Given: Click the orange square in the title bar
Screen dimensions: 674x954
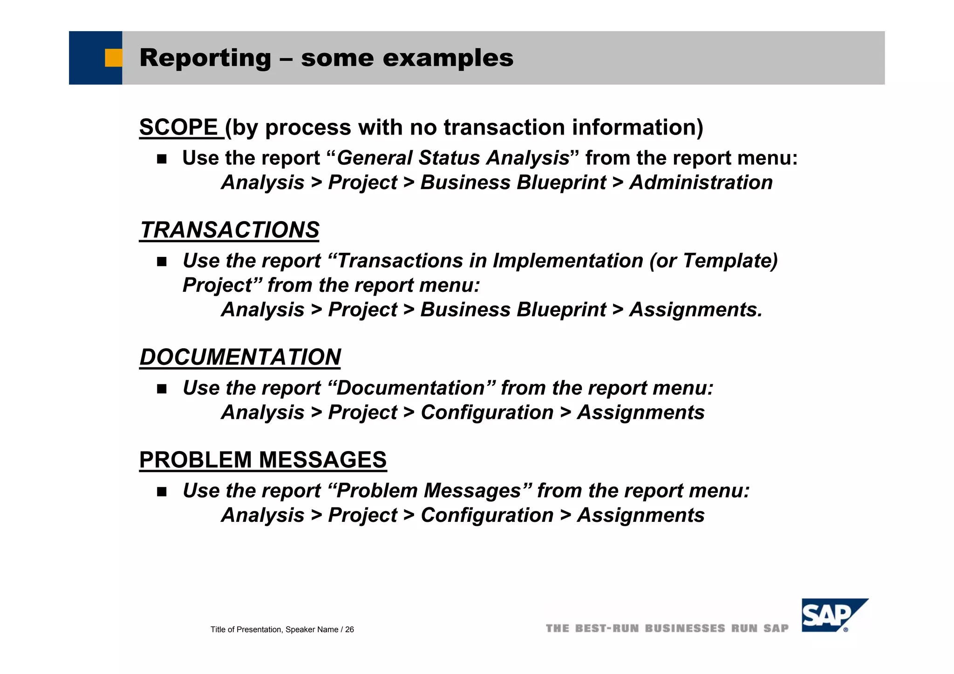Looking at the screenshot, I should [x=113, y=58].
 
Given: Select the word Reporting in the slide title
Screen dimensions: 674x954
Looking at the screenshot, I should [x=205, y=58].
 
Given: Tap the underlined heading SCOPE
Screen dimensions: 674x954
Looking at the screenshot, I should [x=178, y=128].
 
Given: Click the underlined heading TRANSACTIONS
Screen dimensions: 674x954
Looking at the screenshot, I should [x=230, y=230].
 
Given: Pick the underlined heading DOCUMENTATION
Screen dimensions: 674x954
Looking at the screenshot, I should [x=240, y=357].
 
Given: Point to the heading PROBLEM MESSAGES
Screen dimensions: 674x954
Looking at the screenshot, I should [x=263, y=460].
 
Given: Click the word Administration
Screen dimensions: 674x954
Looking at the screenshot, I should [x=701, y=182].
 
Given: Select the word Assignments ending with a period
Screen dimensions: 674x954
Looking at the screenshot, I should [x=696, y=310].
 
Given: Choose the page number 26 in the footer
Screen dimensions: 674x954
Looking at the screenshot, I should [x=349, y=630].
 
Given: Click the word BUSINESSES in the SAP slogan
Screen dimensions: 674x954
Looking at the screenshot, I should [x=685, y=628].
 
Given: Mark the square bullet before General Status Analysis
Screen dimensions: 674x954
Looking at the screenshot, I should [x=162, y=159].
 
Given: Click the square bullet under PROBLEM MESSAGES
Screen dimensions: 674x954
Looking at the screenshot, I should [x=162, y=492].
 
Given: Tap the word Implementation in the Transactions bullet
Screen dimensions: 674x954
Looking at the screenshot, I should [x=568, y=261].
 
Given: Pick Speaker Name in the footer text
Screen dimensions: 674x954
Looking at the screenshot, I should [x=312, y=630].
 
